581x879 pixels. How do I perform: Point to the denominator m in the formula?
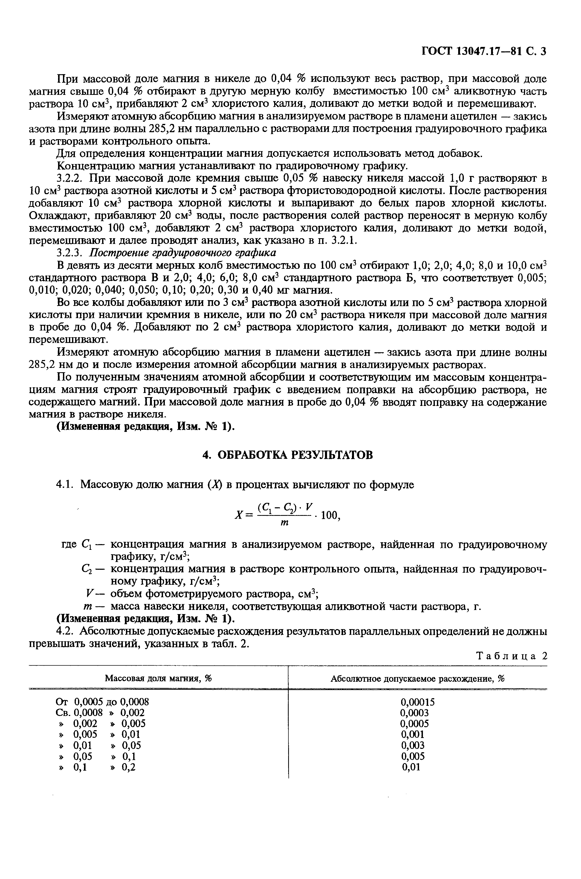(x=285, y=523)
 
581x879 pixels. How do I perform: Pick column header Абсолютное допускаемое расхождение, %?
(x=417, y=679)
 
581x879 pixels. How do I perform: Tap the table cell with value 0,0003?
(x=414, y=713)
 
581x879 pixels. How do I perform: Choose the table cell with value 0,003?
(x=413, y=745)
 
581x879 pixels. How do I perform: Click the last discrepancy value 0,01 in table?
(x=411, y=767)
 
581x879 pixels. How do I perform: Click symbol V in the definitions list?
(x=89, y=594)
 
